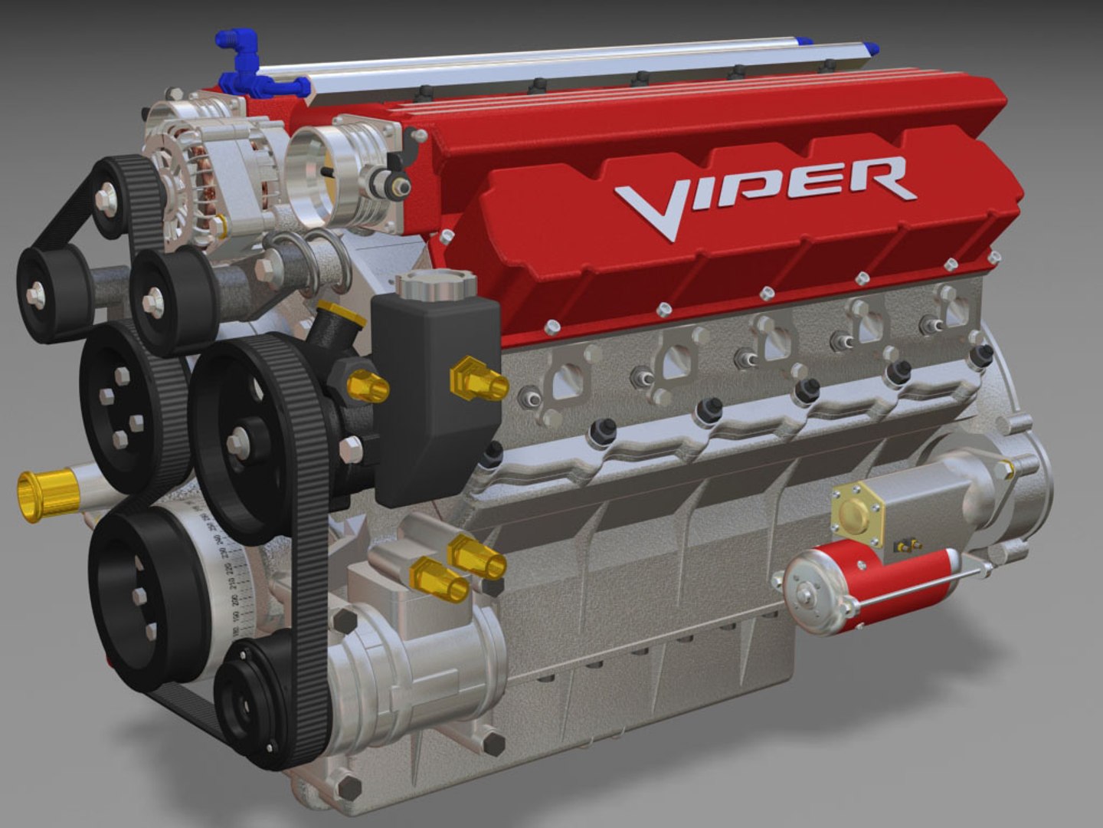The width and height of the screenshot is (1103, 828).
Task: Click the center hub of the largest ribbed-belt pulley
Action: pos(238,442)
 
